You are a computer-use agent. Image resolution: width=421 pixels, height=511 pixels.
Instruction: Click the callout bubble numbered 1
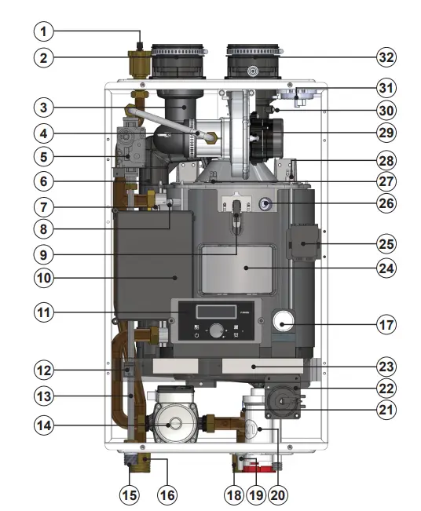45,32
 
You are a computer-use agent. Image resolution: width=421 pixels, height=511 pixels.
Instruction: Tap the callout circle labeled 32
385,57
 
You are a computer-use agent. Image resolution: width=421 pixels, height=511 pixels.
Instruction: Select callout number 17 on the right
385,323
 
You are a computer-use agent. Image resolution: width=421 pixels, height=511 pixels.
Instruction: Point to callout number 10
45,277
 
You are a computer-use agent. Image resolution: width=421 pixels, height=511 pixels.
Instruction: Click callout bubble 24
385,267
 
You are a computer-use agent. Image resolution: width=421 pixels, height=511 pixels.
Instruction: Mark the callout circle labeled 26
385,203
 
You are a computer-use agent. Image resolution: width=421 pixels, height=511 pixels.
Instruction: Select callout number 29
385,131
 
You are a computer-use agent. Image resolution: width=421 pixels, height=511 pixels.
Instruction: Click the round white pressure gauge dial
284,322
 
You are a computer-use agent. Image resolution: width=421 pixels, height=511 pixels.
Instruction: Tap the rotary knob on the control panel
214,331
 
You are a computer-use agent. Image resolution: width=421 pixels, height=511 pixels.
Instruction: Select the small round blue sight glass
265,204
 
